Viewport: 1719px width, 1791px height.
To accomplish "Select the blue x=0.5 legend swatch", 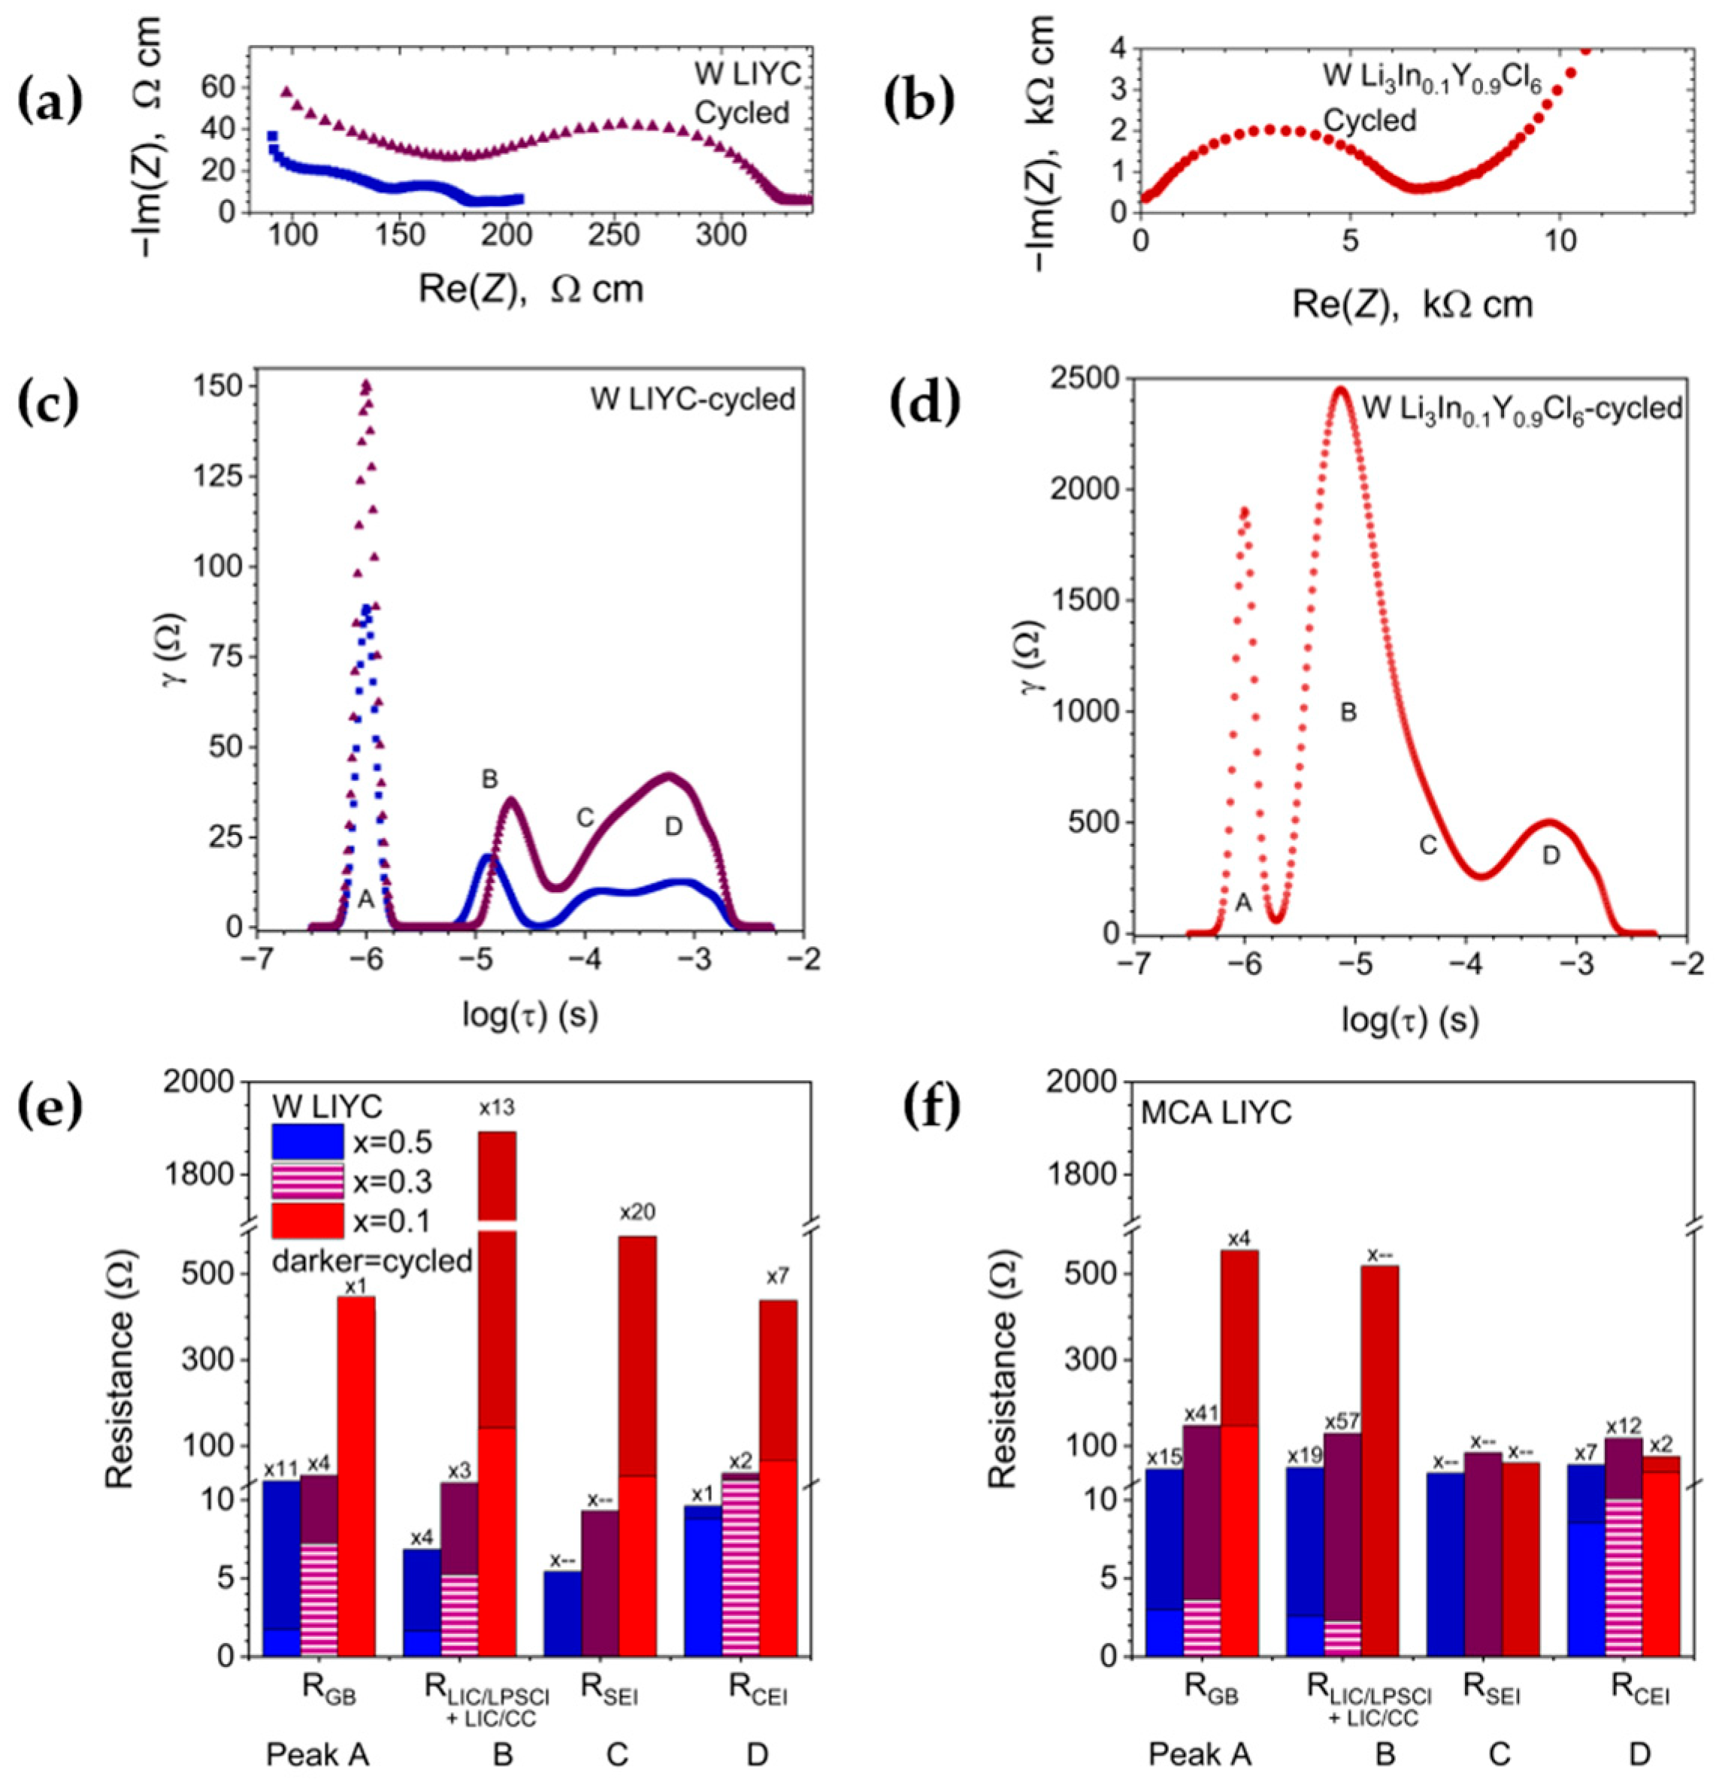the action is pyautogui.click(x=307, y=1142).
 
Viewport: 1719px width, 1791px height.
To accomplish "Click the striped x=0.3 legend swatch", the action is pyautogui.click(x=307, y=1181).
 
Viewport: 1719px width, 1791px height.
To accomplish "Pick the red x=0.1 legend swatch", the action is pyautogui.click(x=307, y=1221).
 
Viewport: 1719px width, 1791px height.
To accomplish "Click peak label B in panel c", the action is pyautogui.click(x=490, y=779).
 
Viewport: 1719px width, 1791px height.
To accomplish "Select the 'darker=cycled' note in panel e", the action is pyautogui.click(x=373, y=1261).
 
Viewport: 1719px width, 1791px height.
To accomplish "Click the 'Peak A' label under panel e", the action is pyautogui.click(x=318, y=1754).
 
